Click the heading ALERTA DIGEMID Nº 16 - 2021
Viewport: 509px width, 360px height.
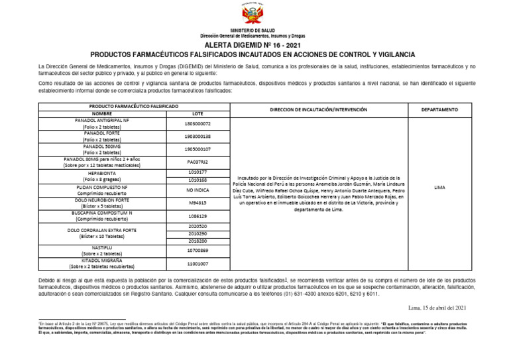(x=254, y=45)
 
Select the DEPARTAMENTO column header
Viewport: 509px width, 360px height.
(x=439, y=109)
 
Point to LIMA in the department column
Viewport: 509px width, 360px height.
(x=439, y=188)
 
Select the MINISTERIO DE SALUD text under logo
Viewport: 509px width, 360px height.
(x=254, y=31)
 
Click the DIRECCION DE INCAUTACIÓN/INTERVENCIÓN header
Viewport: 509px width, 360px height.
(x=318, y=109)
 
